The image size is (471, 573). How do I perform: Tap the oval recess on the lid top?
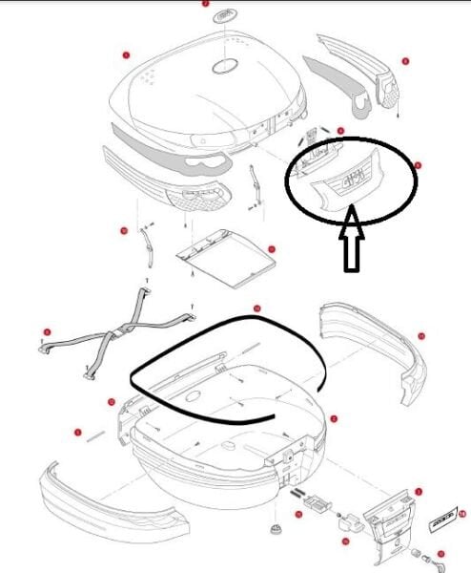click(226, 67)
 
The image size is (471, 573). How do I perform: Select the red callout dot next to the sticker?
click(462, 513)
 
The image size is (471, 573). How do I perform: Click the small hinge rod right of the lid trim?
click(255, 184)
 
